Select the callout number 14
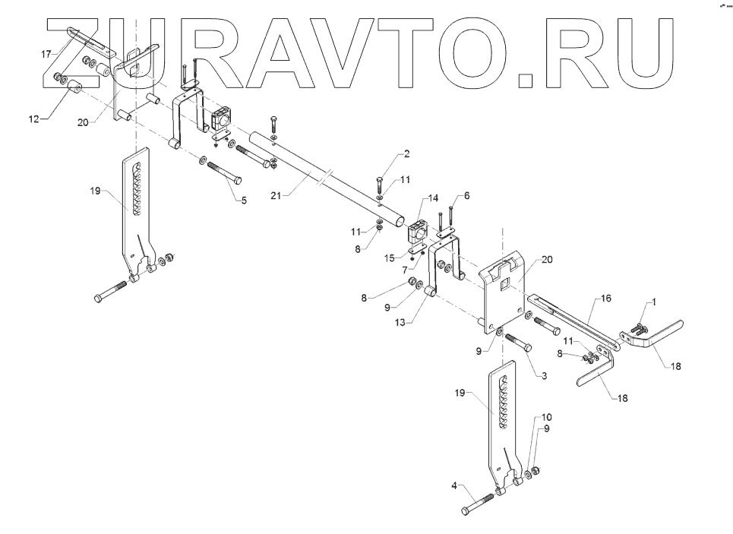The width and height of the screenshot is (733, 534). click(x=432, y=197)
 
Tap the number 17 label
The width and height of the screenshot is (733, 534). click(x=46, y=54)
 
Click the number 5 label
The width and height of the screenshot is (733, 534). click(x=243, y=201)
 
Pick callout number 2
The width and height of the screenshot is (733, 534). click(x=466, y=195)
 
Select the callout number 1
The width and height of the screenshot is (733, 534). click(x=655, y=302)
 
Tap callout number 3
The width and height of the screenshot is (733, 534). click(x=543, y=374)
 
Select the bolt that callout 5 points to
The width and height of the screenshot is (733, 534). click(x=224, y=172)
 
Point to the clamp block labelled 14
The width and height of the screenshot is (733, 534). click(x=419, y=230)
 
